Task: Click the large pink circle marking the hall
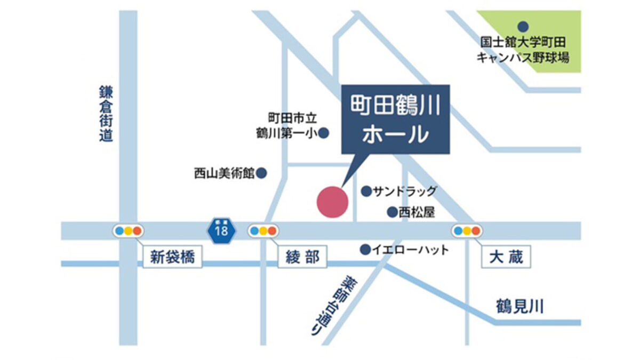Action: tap(333, 202)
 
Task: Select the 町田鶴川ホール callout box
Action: tap(395, 119)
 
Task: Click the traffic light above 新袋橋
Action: tap(129, 231)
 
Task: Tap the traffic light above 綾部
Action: tap(263, 231)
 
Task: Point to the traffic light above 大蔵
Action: tap(467, 231)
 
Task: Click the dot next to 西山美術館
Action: tap(262, 173)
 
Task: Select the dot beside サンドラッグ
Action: tap(366, 191)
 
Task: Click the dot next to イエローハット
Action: tap(365, 249)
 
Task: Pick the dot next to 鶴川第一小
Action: tap(323, 132)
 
